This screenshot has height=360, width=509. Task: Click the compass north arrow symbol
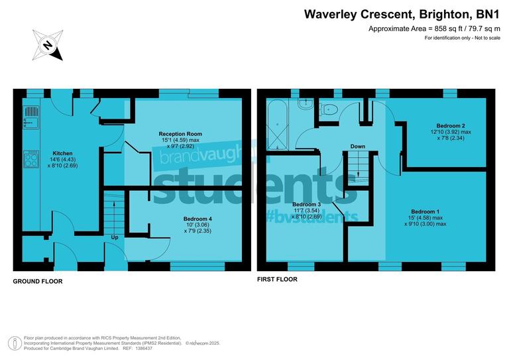coord(48,45)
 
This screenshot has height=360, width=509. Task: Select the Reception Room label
coord(180,134)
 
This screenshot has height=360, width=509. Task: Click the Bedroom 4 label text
coord(198,219)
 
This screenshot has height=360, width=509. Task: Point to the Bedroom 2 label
coord(450,126)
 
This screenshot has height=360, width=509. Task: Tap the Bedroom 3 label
coord(306,204)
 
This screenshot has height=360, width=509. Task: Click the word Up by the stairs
coord(115,237)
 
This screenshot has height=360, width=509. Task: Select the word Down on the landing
coord(358,147)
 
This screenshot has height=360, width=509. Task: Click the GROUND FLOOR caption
coord(38,282)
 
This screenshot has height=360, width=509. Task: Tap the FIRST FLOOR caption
coord(277,280)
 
